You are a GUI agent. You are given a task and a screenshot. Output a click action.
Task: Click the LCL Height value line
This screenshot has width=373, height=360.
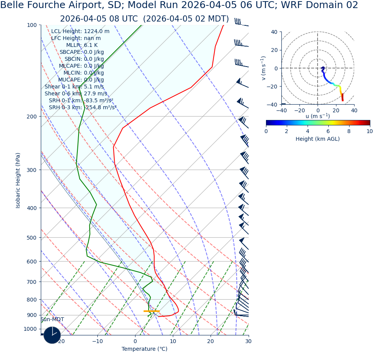pyautogui.click(x=80, y=32)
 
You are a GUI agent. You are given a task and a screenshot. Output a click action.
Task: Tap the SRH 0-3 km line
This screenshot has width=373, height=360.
pyautogui.click(x=82, y=108)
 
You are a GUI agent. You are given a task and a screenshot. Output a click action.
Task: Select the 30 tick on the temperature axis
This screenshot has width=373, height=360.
pyautogui.click(x=248, y=341)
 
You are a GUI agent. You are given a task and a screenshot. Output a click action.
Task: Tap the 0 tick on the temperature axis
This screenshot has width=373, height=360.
pyautogui.click(x=135, y=341)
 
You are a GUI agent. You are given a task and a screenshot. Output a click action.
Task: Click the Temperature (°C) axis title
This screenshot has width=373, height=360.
pyautogui.click(x=144, y=349)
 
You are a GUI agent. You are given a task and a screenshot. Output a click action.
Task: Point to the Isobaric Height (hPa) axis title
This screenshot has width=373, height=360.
pyautogui.click(x=18, y=180)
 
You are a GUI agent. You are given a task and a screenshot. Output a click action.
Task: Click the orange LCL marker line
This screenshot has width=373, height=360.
pyautogui.click(x=151, y=311)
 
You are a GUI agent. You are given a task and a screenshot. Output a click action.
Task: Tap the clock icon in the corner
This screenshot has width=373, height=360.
pyautogui.click(x=52, y=335)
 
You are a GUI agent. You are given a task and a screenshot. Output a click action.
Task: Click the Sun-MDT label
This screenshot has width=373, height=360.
pyautogui.click(x=52, y=320)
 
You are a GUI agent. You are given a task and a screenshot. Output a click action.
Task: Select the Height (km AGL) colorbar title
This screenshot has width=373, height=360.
pyautogui.click(x=318, y=139)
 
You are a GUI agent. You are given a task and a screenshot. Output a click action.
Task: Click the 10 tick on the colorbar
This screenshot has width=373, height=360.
pyautogui.click(x=369, y=131)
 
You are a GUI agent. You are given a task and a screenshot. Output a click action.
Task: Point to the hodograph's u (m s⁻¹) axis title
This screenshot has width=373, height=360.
pyautogui.click(x=318, y=116)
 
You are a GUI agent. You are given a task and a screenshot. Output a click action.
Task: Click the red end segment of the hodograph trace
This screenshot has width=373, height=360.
pyautogui.click(x=342, y=98)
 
